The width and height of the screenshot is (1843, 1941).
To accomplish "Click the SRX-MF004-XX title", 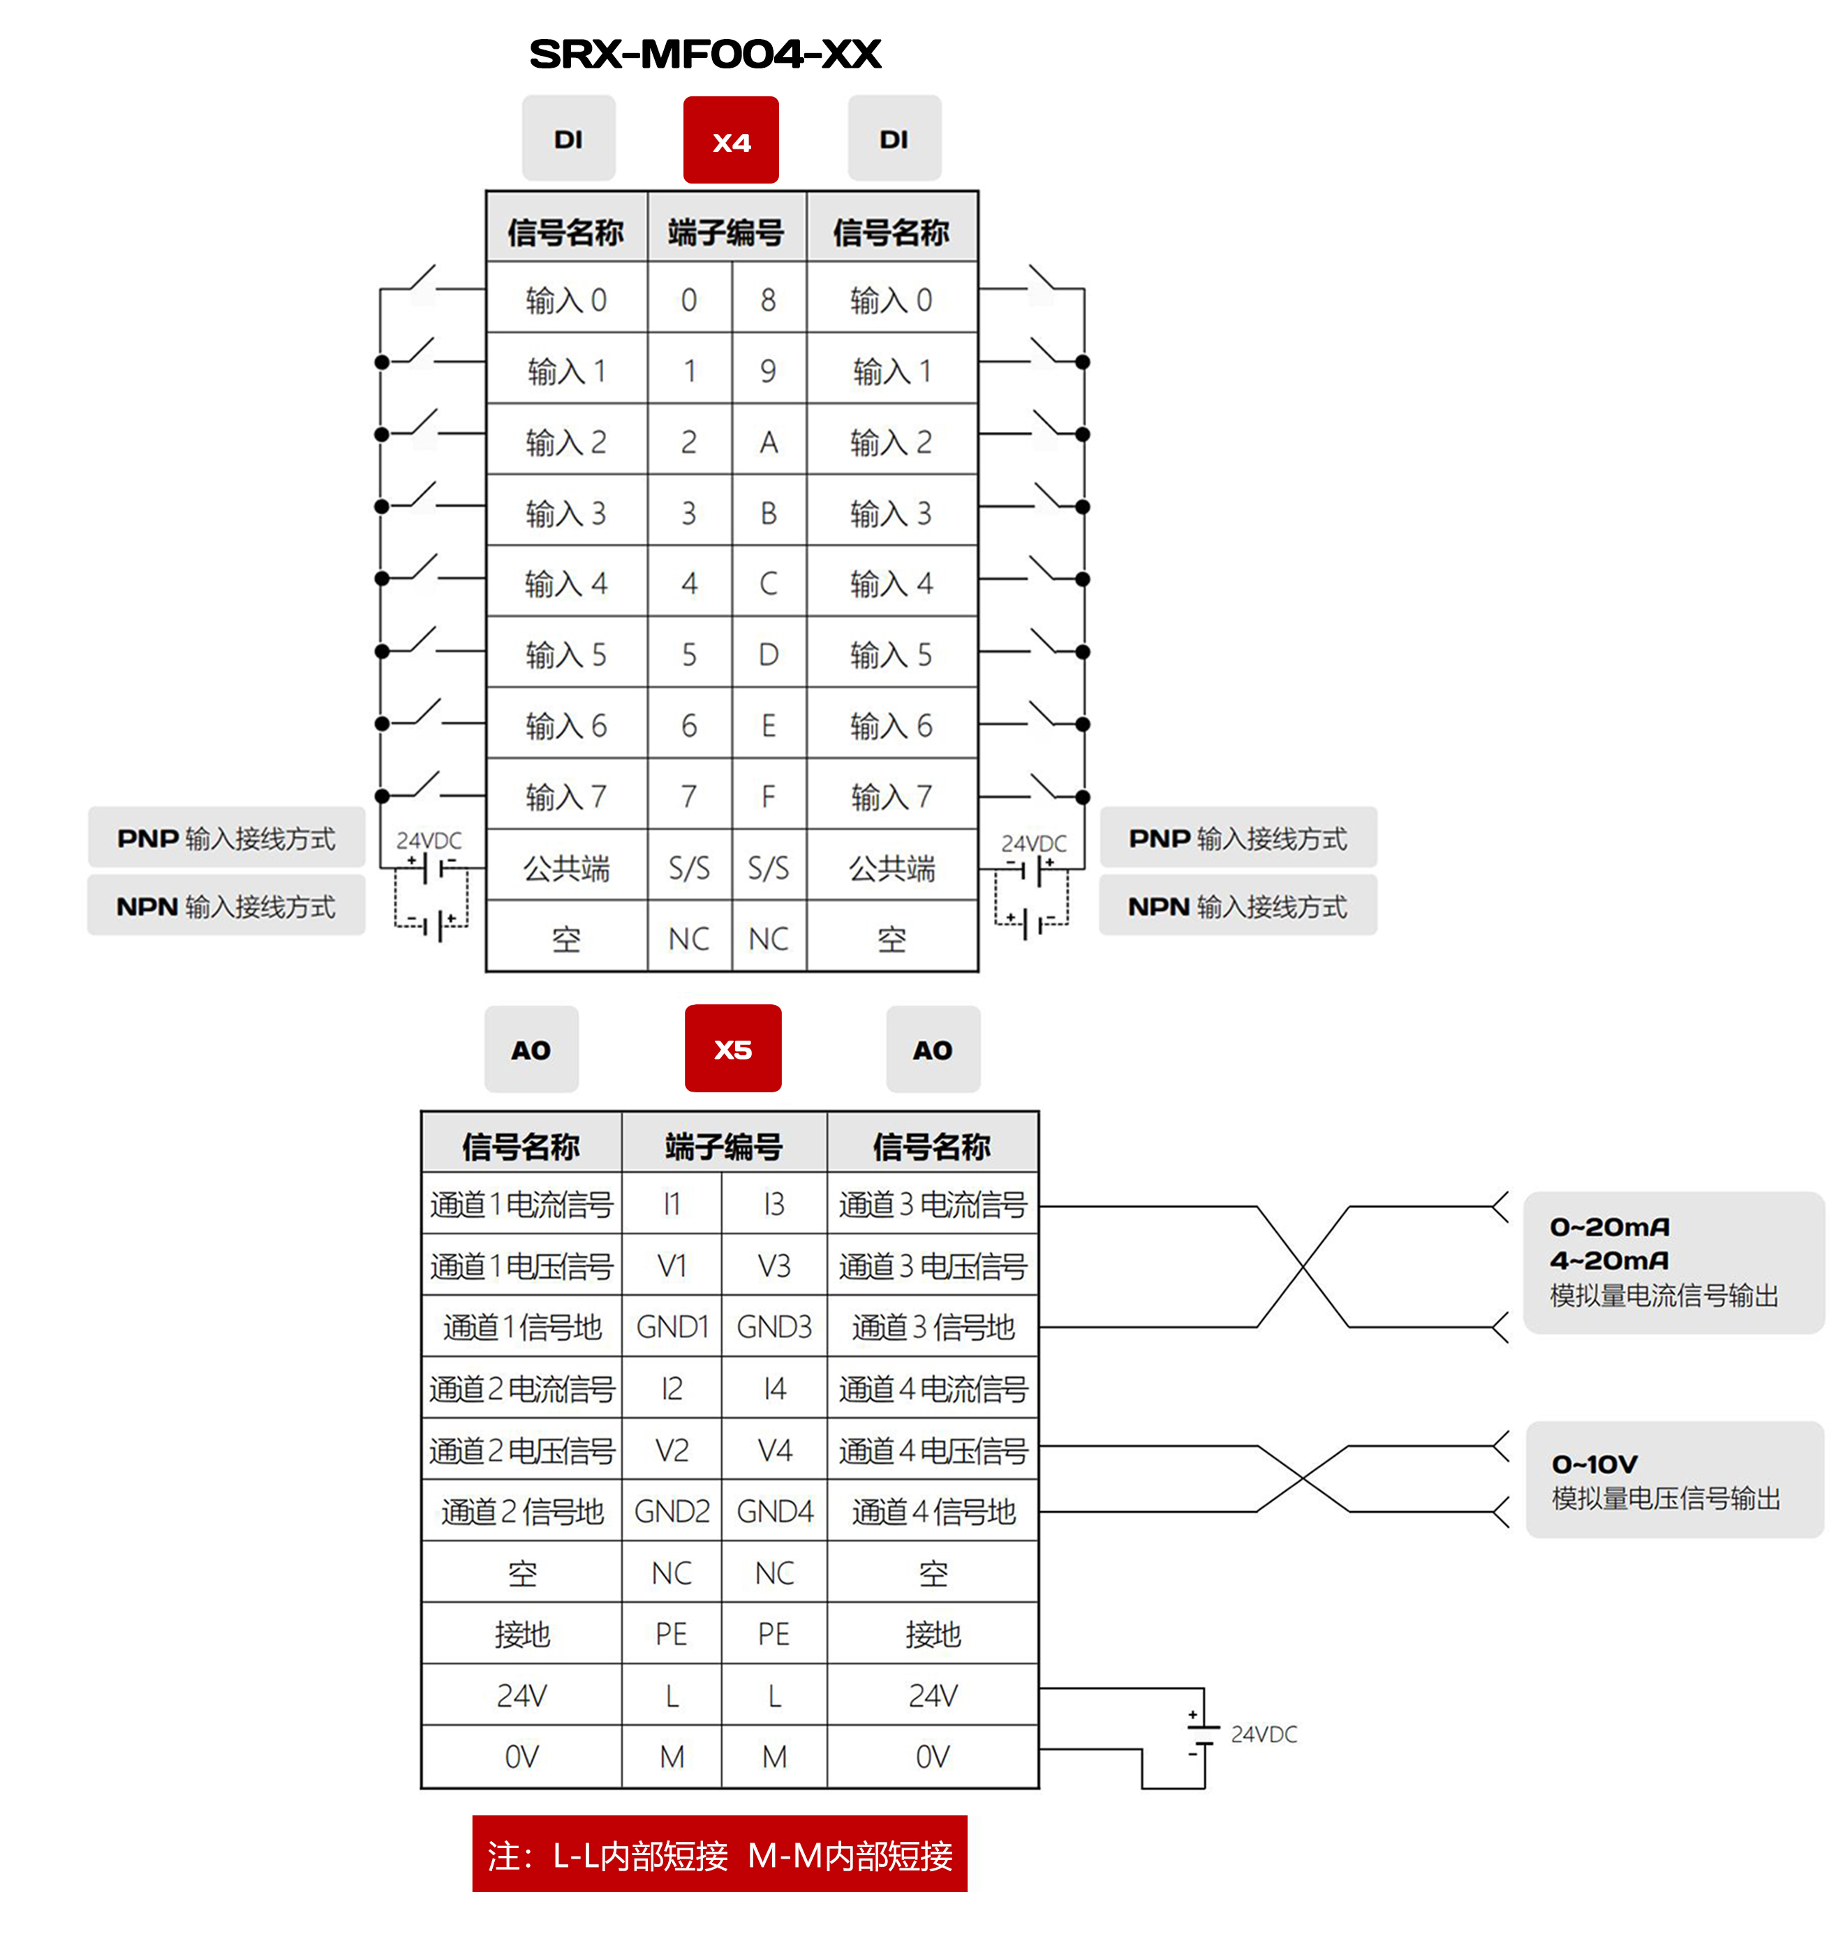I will coord(704,54).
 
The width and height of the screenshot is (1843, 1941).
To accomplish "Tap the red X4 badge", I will coord(731,140).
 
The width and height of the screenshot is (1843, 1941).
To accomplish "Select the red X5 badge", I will coord(733,1048).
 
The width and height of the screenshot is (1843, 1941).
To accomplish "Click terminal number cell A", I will coord(768,442).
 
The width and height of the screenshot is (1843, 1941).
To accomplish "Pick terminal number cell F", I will coord(768,796).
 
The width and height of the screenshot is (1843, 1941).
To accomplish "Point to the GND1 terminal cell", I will coord(672,1327).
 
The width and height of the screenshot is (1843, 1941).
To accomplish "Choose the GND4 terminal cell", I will coord(774,1511).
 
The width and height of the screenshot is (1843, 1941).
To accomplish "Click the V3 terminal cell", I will coord(774,1265).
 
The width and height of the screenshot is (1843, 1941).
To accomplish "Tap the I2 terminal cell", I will coord(672,1388).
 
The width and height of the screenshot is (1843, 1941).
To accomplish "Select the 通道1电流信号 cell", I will coord(521,1204).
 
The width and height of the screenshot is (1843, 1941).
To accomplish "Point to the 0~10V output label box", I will coord(1674,1480).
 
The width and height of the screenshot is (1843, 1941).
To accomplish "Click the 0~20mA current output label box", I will coord(1673,1262).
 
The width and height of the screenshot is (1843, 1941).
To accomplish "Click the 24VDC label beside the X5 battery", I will coord(1264,1734).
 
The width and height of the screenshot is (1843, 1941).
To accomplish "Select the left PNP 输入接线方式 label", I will coord(226,838).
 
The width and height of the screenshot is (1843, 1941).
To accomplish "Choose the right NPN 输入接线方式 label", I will coord(1238,906).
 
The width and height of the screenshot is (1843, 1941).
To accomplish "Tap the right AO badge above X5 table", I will coord(932,1049).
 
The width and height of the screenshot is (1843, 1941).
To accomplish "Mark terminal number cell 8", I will coord(768,299).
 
